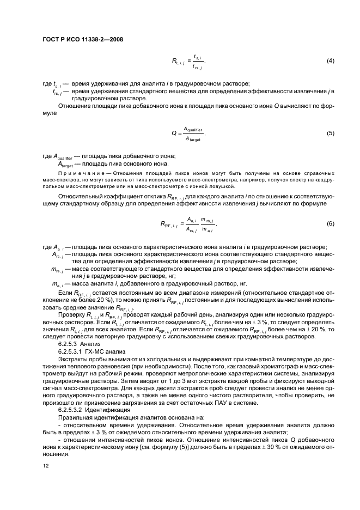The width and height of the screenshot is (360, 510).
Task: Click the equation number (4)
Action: [330, 60]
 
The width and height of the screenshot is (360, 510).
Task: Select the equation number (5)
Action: [330, 133]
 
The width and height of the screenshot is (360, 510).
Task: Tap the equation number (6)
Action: [330, 224]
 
